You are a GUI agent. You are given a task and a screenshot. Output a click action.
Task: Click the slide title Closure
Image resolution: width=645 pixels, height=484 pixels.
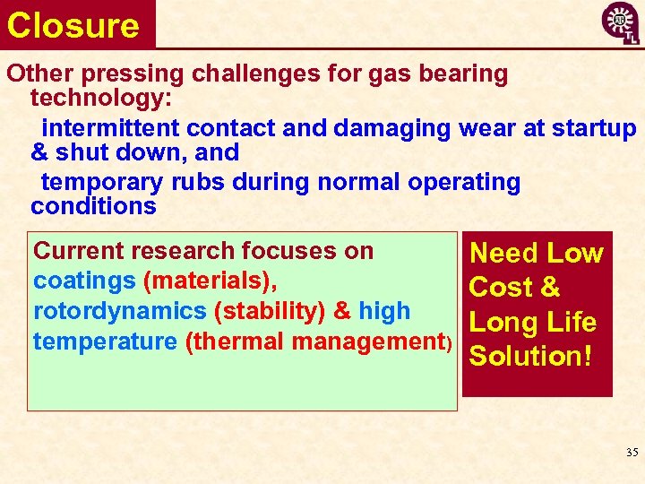click(73, 25)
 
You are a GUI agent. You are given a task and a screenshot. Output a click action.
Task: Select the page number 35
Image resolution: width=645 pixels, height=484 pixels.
click(632, 453)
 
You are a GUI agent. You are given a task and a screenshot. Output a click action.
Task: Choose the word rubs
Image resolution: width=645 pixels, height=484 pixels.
click(202, 182)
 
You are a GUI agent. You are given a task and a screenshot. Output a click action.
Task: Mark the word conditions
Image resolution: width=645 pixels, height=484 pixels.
click(93, 206)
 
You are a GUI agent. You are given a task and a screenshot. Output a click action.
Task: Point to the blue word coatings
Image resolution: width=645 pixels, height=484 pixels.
click(84, 281)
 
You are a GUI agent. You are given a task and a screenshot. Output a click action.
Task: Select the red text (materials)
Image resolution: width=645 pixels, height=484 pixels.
click(210, 281)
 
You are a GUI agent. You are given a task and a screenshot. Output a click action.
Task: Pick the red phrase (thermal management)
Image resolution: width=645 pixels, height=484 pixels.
click(319, 341)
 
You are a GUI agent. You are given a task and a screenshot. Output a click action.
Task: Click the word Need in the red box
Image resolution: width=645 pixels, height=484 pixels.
click(503, 254)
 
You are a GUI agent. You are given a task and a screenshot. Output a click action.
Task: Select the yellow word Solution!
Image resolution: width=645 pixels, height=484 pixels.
click(530, 356)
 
